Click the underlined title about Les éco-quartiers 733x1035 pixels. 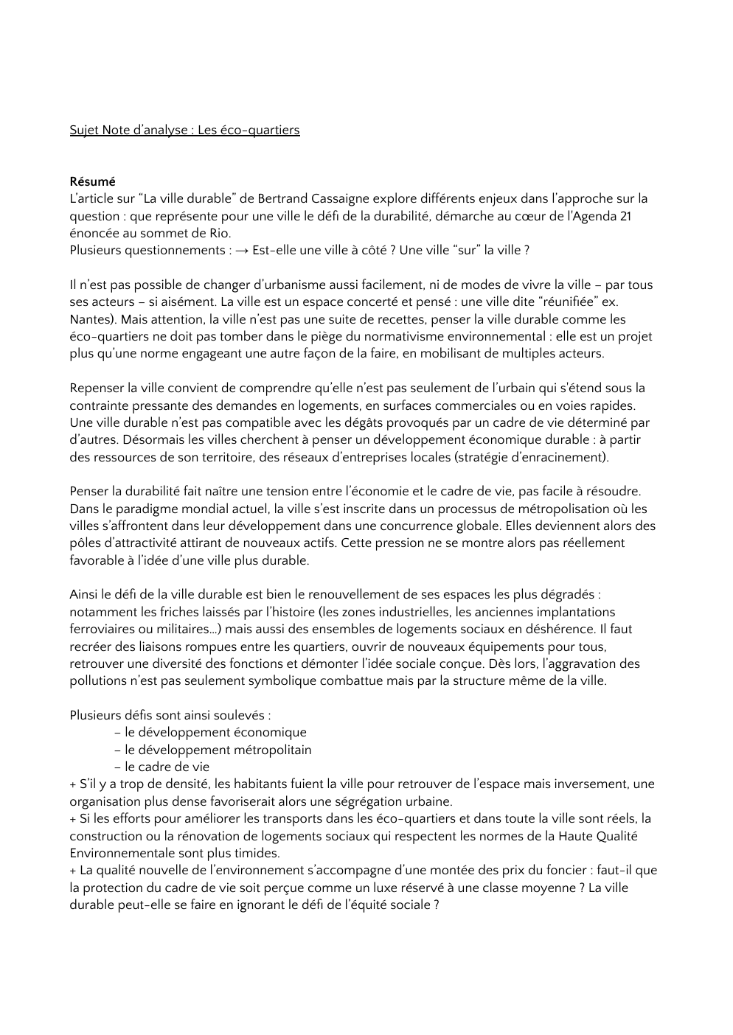click(x=184, y=130)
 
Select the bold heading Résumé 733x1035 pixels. click(x=92, y=181)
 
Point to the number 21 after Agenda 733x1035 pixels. click(x=624, y=216)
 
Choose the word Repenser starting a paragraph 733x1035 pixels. click(x=97, y=388)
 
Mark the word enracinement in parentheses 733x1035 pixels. click(x=569, y=457)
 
